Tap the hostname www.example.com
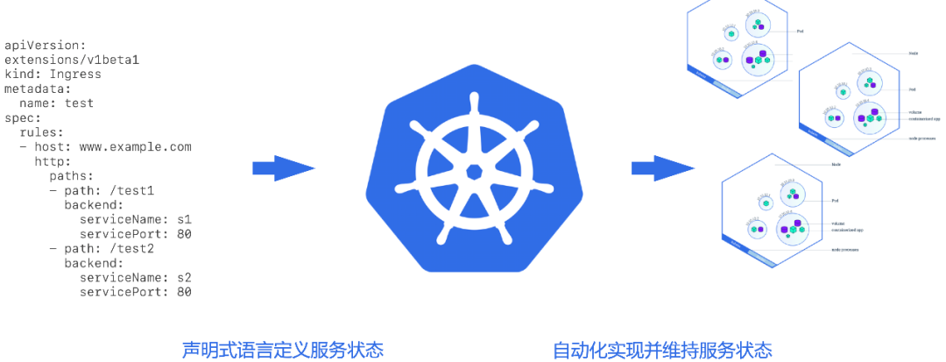click(136, 146)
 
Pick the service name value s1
click(184, 219)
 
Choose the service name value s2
click(184, 277)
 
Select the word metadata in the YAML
click(38, 89)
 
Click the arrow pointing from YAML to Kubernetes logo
click(283, 167)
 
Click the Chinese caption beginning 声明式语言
click(282, 350)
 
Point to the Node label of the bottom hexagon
click(837, 164)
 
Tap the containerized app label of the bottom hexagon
click(848, 231)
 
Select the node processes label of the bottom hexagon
click(844, 250)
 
